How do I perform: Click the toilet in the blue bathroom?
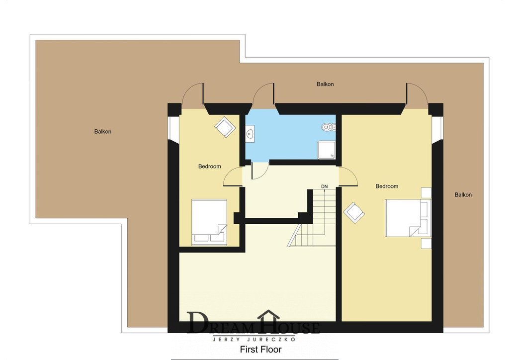point(329,127)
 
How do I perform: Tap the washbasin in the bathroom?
point(250,134)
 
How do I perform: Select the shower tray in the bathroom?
point(326,150)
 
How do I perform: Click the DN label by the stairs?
point(324,186)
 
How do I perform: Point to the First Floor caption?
point(260,349)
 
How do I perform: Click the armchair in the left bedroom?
point(225,127)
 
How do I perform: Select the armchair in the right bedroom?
point(354,213)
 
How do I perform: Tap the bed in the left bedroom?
point(209,222)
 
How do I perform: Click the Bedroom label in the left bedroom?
point(210,166)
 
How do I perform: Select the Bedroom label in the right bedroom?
point(387,186)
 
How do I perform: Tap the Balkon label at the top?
point(325,84)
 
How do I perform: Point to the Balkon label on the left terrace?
point(103,131)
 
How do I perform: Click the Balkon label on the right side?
point(463,195)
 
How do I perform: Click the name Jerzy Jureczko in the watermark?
point(254,340)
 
